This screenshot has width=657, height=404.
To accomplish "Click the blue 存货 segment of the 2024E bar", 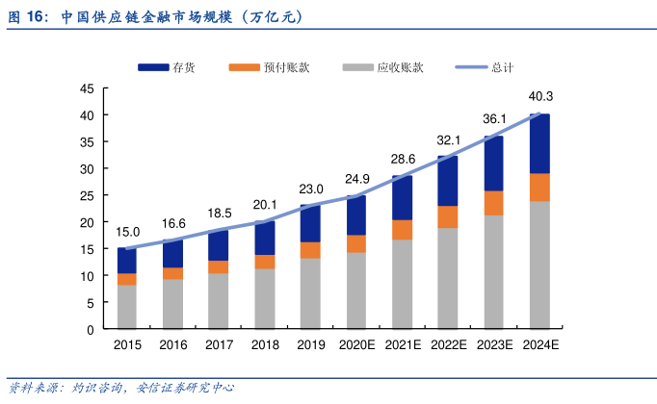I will (x=539, y=144).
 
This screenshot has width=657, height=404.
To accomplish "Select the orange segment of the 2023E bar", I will (x=494, y=203).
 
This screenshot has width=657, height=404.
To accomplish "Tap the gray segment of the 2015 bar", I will (x=127, y=307).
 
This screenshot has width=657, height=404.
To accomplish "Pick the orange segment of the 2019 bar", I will (x=310, y=250).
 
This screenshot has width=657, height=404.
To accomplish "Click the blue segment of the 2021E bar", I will (x=402, y=198).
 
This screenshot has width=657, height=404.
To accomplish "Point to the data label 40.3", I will (x=540, y=96).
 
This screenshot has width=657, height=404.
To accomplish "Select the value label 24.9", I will (x=357, y=179).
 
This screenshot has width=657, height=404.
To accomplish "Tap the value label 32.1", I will (x=449, y=139).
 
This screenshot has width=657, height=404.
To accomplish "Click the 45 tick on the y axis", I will (x=87, y=88).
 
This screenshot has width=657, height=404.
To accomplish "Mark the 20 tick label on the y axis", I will (x=87, y=222).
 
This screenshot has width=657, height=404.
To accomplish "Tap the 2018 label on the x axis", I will (x=265, y=344).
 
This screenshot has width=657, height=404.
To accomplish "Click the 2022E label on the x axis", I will (x=448, y=344).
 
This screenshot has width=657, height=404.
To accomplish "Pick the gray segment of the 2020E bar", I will (x=356, y=290).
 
